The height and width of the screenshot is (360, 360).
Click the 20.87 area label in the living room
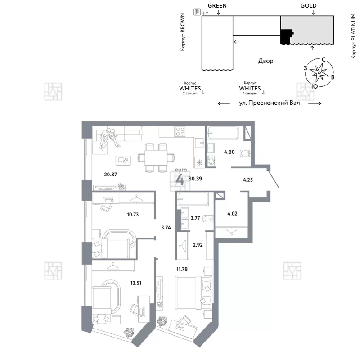pos(110,175)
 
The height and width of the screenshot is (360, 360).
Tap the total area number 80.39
pos(195,179)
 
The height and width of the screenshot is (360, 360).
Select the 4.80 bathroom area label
pos(229,152)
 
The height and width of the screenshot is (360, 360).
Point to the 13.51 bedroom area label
pos(136,283)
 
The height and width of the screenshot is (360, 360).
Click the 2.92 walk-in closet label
pos(198,245)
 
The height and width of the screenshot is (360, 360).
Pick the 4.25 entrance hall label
pos(248,180)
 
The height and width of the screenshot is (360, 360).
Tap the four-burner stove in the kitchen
pos(180,132)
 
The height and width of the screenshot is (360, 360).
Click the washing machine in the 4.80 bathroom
pos(211,161)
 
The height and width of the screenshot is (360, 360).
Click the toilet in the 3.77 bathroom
pos(208,219)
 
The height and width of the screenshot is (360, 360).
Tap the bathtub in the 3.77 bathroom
pos(193,199)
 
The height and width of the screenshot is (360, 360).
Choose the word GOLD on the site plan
pos(308,6)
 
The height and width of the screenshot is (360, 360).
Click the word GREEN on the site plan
pos(217,6)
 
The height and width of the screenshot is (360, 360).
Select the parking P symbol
pos(197,12)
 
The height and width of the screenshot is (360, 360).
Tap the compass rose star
pos(319,72)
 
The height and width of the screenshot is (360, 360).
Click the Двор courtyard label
pos(265,61)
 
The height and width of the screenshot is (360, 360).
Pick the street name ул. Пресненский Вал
pos(270,103)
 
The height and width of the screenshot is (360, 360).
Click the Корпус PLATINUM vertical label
pos(354,36)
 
